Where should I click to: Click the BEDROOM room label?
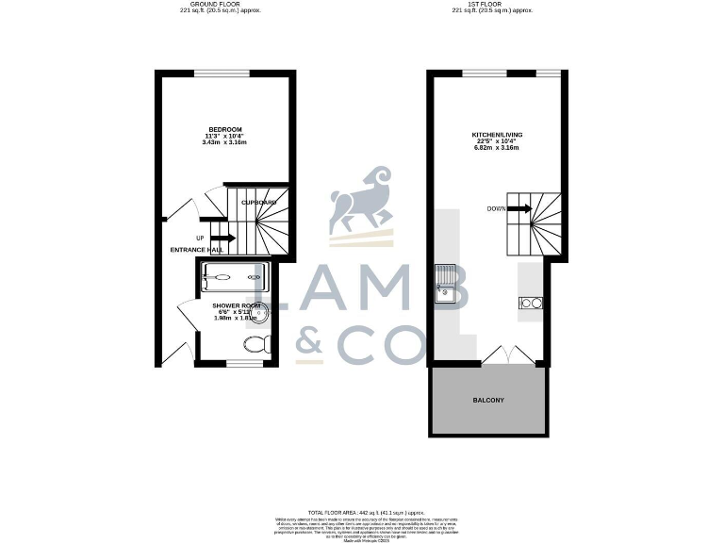pyautogui.click(x=225, y=130)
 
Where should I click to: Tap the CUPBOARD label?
pyautogui.click(x=258, y=203)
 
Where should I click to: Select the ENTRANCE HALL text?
pyautogui.click(x=195, y=250)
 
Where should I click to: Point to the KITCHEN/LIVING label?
pyautogui.click(x=497, y=136)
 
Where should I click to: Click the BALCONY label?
pyautogui.click(x=488, y=401)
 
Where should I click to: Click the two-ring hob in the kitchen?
pyautogui.click(x=530, y=304)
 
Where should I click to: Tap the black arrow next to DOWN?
pyautogui.click(x=521, y=209)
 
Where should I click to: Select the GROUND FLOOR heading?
pyautogui.click(x=219, y=5)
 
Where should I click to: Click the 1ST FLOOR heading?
pyautogui.click(x=492, y=5)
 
